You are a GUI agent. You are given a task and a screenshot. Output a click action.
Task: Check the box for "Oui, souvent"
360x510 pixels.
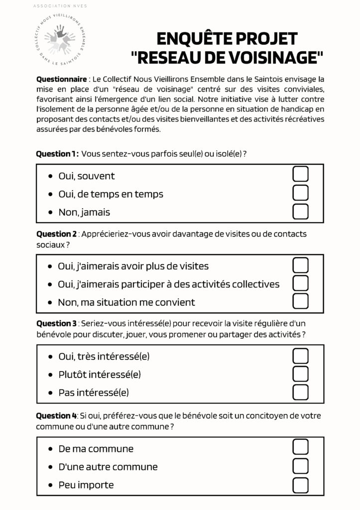point(300,174)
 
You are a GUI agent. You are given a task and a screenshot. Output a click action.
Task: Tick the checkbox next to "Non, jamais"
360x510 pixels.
point(300,211)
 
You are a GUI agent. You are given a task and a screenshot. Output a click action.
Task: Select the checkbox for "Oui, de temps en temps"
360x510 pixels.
point(300,193)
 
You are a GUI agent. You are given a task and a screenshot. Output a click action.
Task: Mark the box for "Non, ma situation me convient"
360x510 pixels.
point(300,301)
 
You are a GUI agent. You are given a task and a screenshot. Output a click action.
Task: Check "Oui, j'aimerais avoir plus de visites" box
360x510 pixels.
point(300,265)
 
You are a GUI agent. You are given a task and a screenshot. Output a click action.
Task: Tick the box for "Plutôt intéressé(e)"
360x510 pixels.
point(300,374)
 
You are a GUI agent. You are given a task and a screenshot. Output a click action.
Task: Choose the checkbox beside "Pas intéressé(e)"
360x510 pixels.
point(300,392)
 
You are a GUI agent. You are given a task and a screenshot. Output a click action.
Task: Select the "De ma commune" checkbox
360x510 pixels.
point(300,447)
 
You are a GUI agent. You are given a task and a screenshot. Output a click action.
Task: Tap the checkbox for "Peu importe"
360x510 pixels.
point(300,484)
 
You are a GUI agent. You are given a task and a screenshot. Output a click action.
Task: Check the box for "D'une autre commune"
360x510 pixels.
point(300,466)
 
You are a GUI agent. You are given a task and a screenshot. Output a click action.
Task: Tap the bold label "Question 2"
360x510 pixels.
point(56,234)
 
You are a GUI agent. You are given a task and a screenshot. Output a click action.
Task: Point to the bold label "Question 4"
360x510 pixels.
point(56,416)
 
